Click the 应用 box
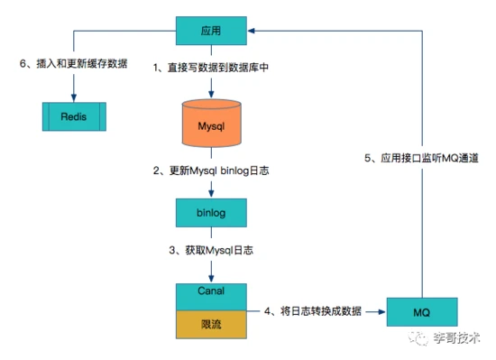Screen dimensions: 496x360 [x=211, y=31]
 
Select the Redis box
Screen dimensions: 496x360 [x=74, y=116]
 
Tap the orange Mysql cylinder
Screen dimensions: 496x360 [x=211, y=124]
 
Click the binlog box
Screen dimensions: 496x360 [x=211, y=213]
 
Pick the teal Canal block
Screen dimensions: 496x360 [x=211, y=297]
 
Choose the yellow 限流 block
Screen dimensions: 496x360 [x=211, y=325]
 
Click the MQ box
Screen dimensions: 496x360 [x=422, y=312]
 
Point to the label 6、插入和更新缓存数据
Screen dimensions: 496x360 [x=73, y=63]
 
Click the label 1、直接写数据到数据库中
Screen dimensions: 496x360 [x=211, y=68]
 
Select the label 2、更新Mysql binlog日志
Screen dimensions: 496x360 [x=211, y=171]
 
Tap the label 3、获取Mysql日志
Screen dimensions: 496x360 [x=211, y=251]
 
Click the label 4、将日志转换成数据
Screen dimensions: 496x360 [x=313, y=311]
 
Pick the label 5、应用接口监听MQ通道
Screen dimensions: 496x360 [x=421, y=158]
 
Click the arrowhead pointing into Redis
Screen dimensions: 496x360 [x=74, y=97]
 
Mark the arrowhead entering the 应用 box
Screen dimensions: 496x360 [x=252, y=31]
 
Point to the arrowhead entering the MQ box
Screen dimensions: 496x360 [x=382, y=312]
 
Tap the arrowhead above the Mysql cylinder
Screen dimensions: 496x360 [x=211, y=93]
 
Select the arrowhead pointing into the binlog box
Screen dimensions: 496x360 [x=211, y=194]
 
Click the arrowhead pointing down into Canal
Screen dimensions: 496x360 [x=211, y=279]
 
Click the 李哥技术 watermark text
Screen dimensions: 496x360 [x=456, y=338]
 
